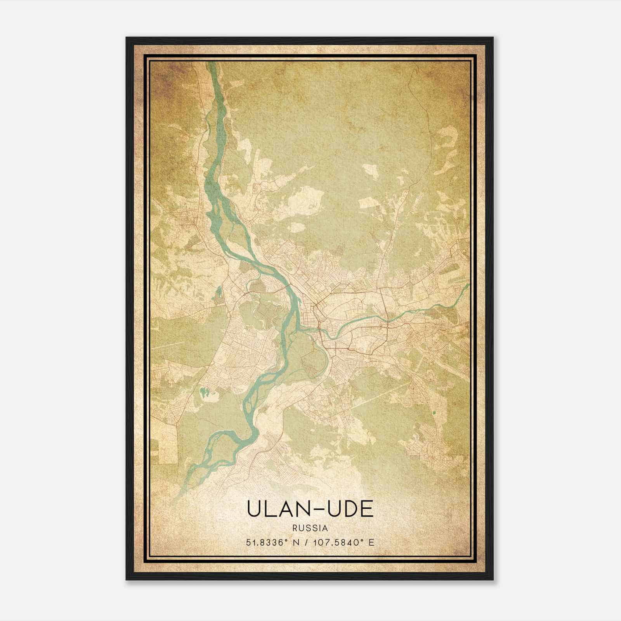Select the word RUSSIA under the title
pos(310,528)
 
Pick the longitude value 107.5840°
pos(339,542)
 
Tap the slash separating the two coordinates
pos(307,542)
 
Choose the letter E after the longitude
pos(372,542)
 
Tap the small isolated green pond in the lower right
pos(434,412)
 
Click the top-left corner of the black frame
pos(127,38)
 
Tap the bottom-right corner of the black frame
pos(493,579)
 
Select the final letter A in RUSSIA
pos(325,528)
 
